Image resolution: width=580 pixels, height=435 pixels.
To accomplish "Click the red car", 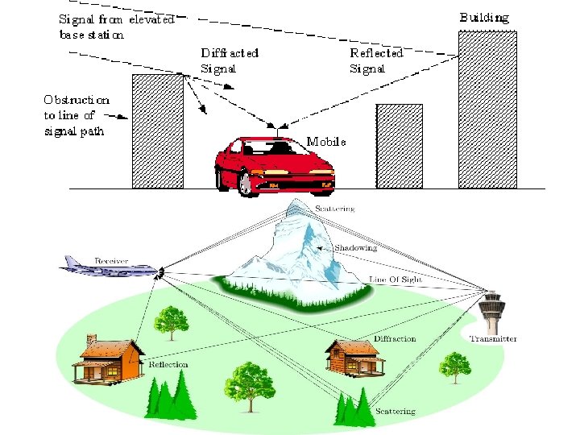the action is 274,165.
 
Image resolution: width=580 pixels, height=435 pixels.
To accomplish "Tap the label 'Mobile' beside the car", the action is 326,142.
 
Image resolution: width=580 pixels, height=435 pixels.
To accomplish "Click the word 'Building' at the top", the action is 484,17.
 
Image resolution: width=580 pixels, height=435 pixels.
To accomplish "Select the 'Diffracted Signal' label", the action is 230,60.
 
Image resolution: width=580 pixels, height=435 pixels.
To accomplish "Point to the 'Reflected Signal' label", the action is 376,60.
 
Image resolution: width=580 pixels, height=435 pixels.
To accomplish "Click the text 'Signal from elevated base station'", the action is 116,27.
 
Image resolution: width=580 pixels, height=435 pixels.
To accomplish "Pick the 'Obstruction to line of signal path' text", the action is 77,115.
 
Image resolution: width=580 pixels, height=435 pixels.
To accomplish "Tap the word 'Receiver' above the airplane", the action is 112,260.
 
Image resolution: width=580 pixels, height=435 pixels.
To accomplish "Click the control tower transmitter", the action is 490,309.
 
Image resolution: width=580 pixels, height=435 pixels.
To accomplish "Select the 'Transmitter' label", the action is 493,339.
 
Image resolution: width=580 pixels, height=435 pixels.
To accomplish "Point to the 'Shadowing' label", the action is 355,248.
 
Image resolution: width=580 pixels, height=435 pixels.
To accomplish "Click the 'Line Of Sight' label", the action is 395,280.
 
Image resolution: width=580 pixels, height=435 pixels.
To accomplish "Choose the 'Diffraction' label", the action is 395,339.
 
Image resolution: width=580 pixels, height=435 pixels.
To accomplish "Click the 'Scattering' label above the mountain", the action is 334,209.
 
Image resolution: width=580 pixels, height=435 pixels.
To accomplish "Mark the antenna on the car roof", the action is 278,132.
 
